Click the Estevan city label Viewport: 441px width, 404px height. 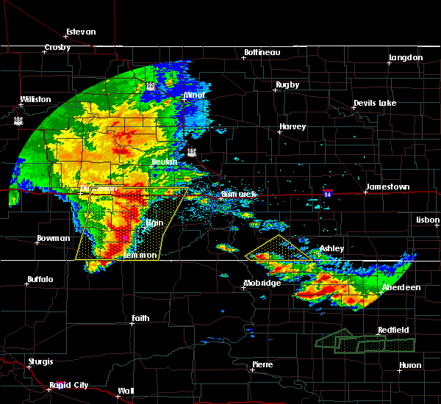coord(80,32)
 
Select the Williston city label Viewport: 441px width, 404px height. coord(36,99)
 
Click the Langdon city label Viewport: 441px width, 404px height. coord(406,57)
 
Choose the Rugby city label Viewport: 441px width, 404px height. coord(287,85)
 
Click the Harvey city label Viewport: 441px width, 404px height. coord(292,127)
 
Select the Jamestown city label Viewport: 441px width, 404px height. coord(389,187)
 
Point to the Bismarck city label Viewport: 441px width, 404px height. coord(238,195)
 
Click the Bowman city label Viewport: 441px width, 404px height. coord(54,239)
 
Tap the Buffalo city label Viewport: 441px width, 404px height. coord(40,280)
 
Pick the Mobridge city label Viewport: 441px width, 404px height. coord(262,284)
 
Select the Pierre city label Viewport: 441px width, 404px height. coord(262,364)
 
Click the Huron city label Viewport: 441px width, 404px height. coord(410,366)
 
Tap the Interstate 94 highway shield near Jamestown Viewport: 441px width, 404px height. coord(327,194)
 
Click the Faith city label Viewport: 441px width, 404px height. coord(140,319)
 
